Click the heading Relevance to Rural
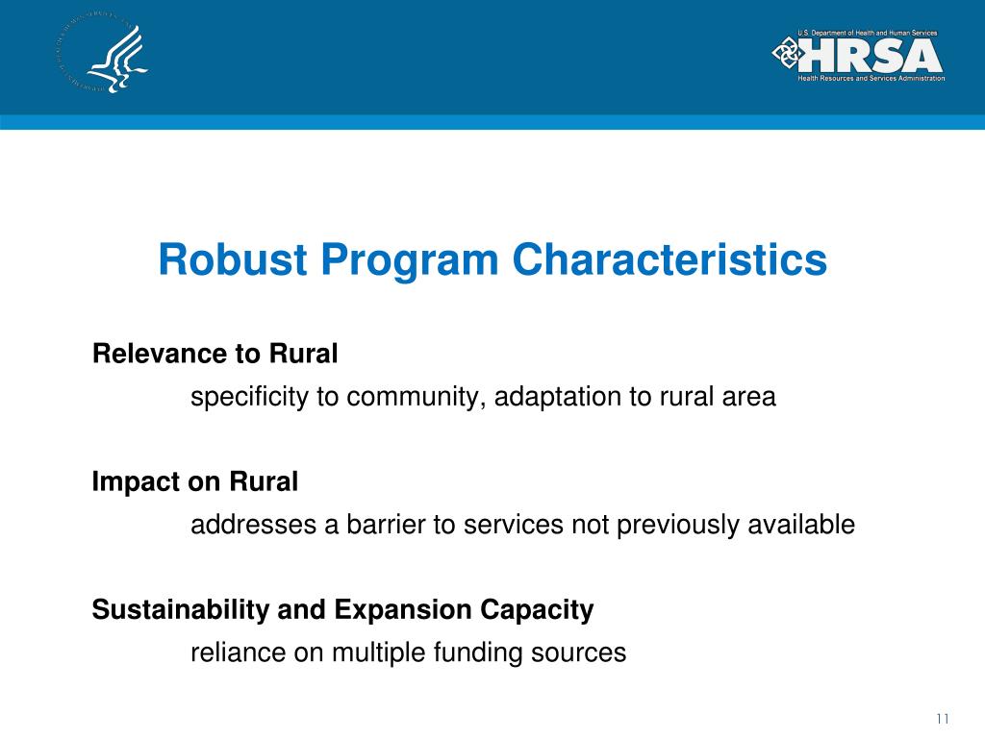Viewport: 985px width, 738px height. coord(215,355)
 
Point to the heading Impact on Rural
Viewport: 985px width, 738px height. coord(194,482)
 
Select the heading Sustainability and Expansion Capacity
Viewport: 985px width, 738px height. coord(342,610)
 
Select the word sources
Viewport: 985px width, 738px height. coord(584,653)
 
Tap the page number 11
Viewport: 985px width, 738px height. coord(942,720)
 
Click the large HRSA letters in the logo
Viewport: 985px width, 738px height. coord(871,56)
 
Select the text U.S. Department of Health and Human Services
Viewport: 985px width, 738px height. coord(866,34)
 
